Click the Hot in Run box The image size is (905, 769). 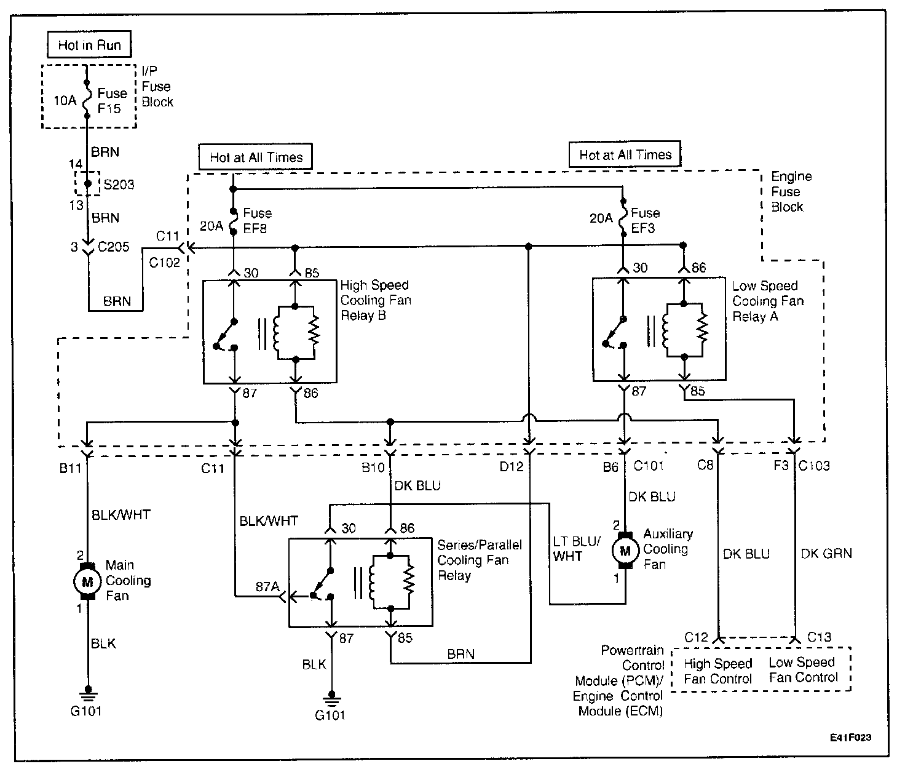point(89,44)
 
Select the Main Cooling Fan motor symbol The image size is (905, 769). point(87,581)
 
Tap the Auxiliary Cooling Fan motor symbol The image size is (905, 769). point(625,551)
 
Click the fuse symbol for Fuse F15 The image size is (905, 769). point(87,100)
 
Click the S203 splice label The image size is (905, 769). point(119,185)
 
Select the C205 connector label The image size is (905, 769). point(113,247)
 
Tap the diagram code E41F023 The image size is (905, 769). point(850,738)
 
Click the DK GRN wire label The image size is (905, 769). point(826,554)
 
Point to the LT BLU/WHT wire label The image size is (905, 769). point(577,549)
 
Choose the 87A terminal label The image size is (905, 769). point(267,586)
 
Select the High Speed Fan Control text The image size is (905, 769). point(717,671)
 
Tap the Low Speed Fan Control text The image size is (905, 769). point(803,670)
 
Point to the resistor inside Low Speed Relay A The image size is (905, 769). point(702,330)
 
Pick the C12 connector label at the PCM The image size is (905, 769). point(696,637)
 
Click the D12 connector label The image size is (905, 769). point(512,467)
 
